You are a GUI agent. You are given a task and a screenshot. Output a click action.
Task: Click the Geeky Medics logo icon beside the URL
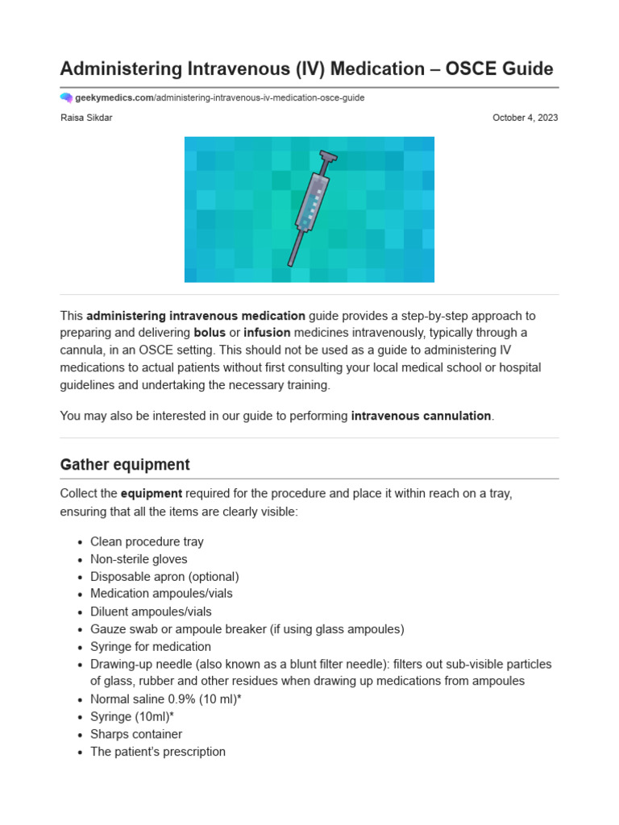(x=66, y=97)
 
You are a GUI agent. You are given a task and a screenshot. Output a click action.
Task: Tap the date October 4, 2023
(x=525, y=118)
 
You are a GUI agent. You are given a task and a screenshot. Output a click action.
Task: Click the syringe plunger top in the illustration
(x=328, y=155)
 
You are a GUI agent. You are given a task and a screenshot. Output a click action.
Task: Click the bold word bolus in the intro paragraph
(x=210, y=333)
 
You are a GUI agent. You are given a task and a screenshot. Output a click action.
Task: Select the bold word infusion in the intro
(x=267, y=333)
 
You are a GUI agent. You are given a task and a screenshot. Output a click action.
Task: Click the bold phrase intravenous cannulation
(x=421, y=416)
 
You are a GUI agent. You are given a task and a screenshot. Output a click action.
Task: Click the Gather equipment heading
(x=125, y=465)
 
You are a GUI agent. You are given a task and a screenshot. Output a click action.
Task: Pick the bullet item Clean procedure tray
(x=147, y=542)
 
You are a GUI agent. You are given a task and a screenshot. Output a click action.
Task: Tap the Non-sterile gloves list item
(x=139, y=559)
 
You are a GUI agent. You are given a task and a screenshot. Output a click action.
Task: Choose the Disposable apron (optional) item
(x=164, y=577)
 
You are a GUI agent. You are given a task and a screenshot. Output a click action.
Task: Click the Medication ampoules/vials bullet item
(x=161, y=594)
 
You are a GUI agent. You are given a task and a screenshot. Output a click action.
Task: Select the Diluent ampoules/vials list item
(x=151, y=611)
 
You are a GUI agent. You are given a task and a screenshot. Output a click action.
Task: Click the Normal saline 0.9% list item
(x=165, y=699)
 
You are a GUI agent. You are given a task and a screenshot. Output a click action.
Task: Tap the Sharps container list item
(x=136, y=734)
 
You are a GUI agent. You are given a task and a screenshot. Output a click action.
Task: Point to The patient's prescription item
(x=158, y=752)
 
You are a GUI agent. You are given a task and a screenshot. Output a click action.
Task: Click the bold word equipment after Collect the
(x=152, y=493)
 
